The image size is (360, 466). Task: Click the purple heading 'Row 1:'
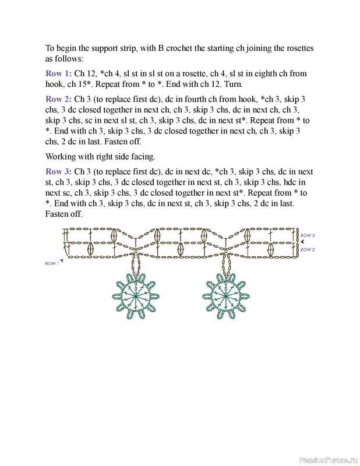point(58,74)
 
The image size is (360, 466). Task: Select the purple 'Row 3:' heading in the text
point(58,172)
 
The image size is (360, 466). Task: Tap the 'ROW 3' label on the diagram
point(308,235)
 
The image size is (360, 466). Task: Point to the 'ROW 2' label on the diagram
point(308,249)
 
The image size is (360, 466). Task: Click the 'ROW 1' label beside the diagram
point(51,263)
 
